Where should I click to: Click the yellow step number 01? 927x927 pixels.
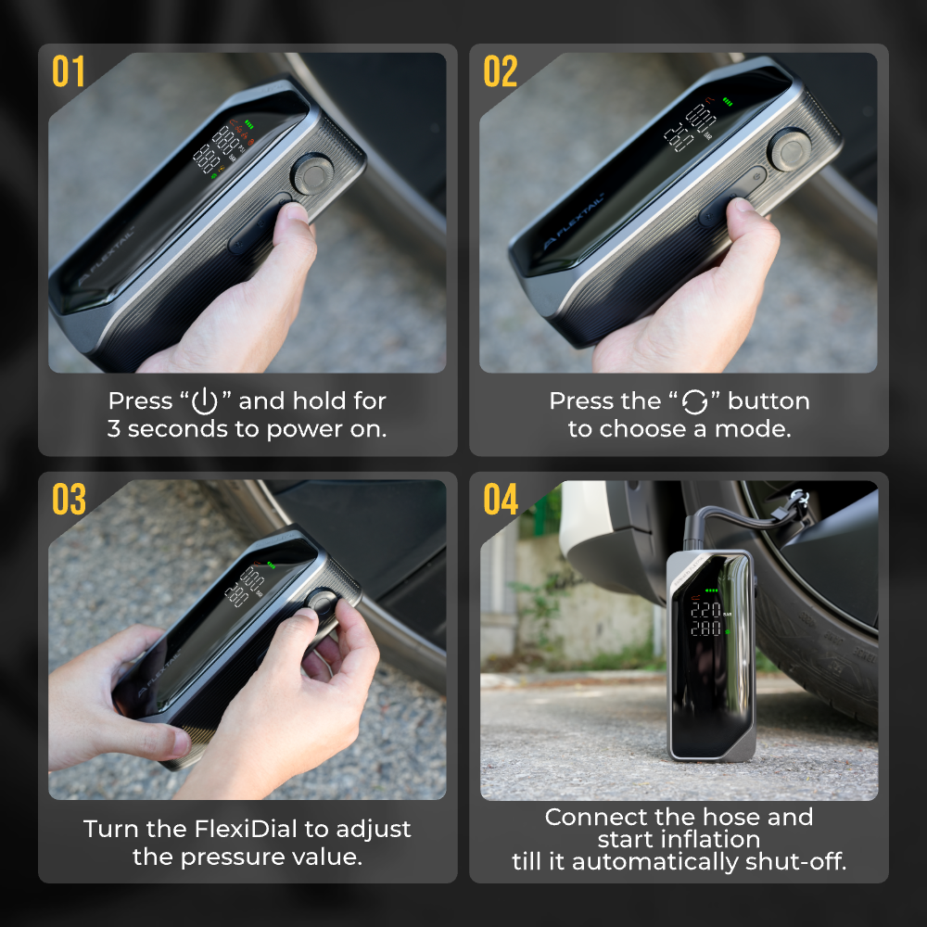click(68, 71)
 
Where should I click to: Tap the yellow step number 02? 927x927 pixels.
click(501, 71)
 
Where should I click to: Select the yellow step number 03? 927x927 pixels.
click(69, 499)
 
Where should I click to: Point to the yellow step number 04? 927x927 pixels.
click(501, 499)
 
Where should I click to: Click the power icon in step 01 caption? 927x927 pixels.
click(205, 400)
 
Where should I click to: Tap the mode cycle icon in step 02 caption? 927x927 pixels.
click(694, 402)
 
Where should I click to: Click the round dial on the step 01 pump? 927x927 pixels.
click(312, 174)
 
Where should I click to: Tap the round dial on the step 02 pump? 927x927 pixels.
click(789, 149)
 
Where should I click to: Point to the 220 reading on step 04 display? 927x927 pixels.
click(705, 610)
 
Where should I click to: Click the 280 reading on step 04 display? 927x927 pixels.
click(705, 629)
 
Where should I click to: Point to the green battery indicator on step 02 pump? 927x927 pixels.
click(727, 102)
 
